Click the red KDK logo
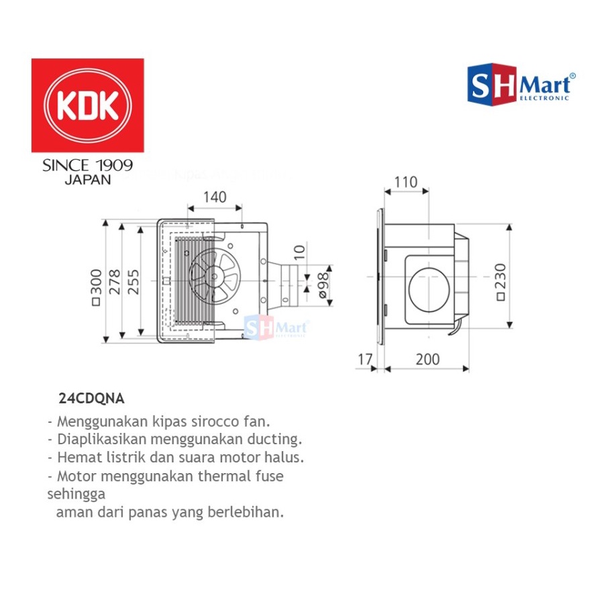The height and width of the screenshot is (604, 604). click(x=88, y=105)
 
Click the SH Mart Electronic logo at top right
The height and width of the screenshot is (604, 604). click(x=521, y=85)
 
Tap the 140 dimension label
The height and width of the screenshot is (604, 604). click(x=215, y=197)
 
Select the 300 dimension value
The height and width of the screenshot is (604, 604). click(x=97, y=283)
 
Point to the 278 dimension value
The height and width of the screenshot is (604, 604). click(x=115, y=283)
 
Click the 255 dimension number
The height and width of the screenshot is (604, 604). click(x=134, y=283)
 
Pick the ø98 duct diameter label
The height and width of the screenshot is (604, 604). click(x=323, y=285)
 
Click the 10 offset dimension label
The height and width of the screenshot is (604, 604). click(x=299, y=252)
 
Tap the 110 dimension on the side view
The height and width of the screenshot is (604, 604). click(x=406, y=182)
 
